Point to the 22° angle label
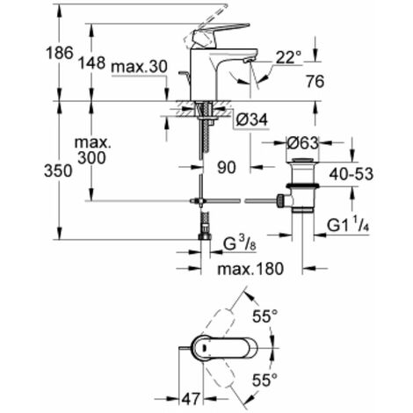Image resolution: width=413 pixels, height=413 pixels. click(x=287, y=57)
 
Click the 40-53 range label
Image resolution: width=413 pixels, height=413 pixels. click(x=373, y=176)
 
